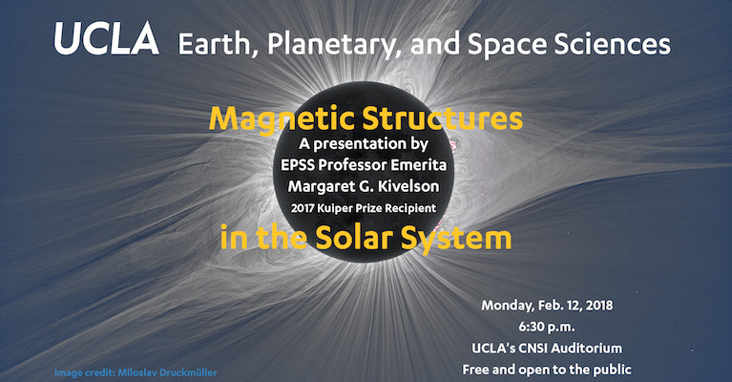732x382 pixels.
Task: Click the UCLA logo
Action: [107, 38]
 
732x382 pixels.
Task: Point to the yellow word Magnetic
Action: [282, 120]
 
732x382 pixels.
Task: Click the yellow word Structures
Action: [442, 118]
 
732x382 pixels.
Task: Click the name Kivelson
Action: [408, 186]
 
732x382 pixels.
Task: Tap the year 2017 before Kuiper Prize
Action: [302, 208]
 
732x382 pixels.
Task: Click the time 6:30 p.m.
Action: [547, 327]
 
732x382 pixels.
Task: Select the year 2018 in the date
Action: [599, 306]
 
